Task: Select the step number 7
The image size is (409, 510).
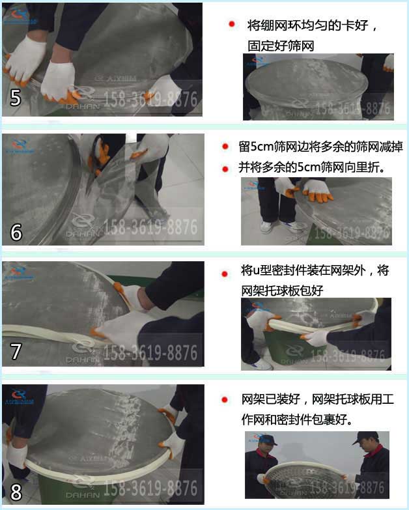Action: click(16, 352)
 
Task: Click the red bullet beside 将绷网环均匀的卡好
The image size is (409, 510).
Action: click(231, 25)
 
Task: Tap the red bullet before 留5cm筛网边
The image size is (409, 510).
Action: click(225, 147)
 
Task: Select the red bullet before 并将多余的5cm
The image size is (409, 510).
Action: click(225, 168)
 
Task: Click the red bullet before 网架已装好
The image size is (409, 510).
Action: click(225, 399)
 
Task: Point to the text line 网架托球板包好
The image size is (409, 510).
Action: click(282, 290)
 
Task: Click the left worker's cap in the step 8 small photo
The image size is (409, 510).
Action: click(265, 440)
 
